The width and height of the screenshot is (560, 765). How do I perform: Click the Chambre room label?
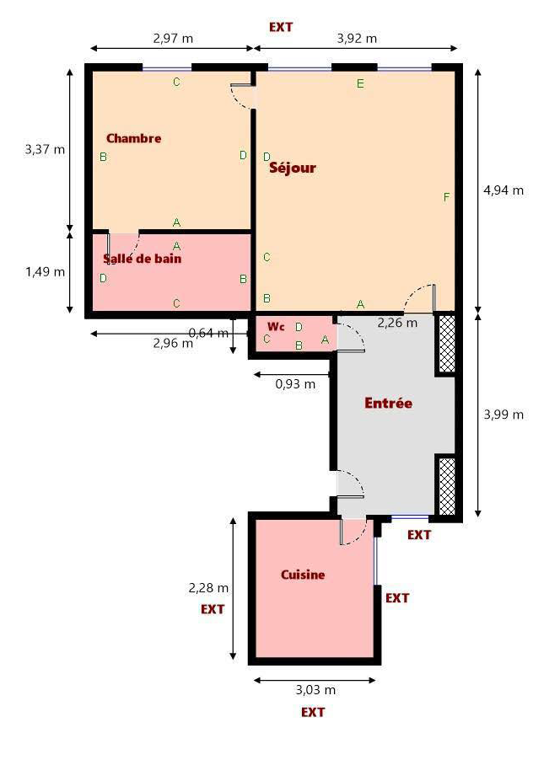click(x=134, y=138)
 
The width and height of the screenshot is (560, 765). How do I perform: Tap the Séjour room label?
click(x=293, y=168)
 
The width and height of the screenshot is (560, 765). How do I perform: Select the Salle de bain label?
click(x=142, y=259)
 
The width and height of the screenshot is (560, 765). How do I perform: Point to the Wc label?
click(x=276, y=326)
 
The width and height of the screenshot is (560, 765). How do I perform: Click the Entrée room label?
click(x=389, y=403)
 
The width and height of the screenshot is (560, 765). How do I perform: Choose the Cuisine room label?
click(x=303, y=575)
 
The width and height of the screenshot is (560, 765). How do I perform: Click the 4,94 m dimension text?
click(x=503, y=190)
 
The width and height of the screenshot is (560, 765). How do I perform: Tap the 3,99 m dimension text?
click(x=503, y=415)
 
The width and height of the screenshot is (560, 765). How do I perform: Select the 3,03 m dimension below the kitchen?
click(x=315, y=690)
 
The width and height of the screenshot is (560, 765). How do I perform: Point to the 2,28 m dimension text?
click(x=208, y=588)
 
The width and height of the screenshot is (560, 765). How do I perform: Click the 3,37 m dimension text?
click(x=45, y=149)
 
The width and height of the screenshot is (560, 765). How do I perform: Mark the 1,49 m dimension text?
click(x=45, y=272)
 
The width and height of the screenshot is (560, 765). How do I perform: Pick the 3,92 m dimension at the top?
click(x=357, y=38)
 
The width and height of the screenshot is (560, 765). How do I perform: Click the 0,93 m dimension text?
click(x=295, y=384)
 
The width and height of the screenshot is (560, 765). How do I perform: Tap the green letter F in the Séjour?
click(x=446, y=197)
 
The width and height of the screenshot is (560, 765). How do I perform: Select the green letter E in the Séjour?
click(x=360, y=84)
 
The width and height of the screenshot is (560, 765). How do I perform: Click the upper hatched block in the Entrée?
click(x=447, y=344)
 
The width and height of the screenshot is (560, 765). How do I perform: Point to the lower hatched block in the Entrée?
click(x=447, y=486)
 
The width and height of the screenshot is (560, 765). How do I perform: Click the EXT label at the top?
click(x=281, y=27)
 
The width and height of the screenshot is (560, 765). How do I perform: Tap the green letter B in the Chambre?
click(x=103, y=157)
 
